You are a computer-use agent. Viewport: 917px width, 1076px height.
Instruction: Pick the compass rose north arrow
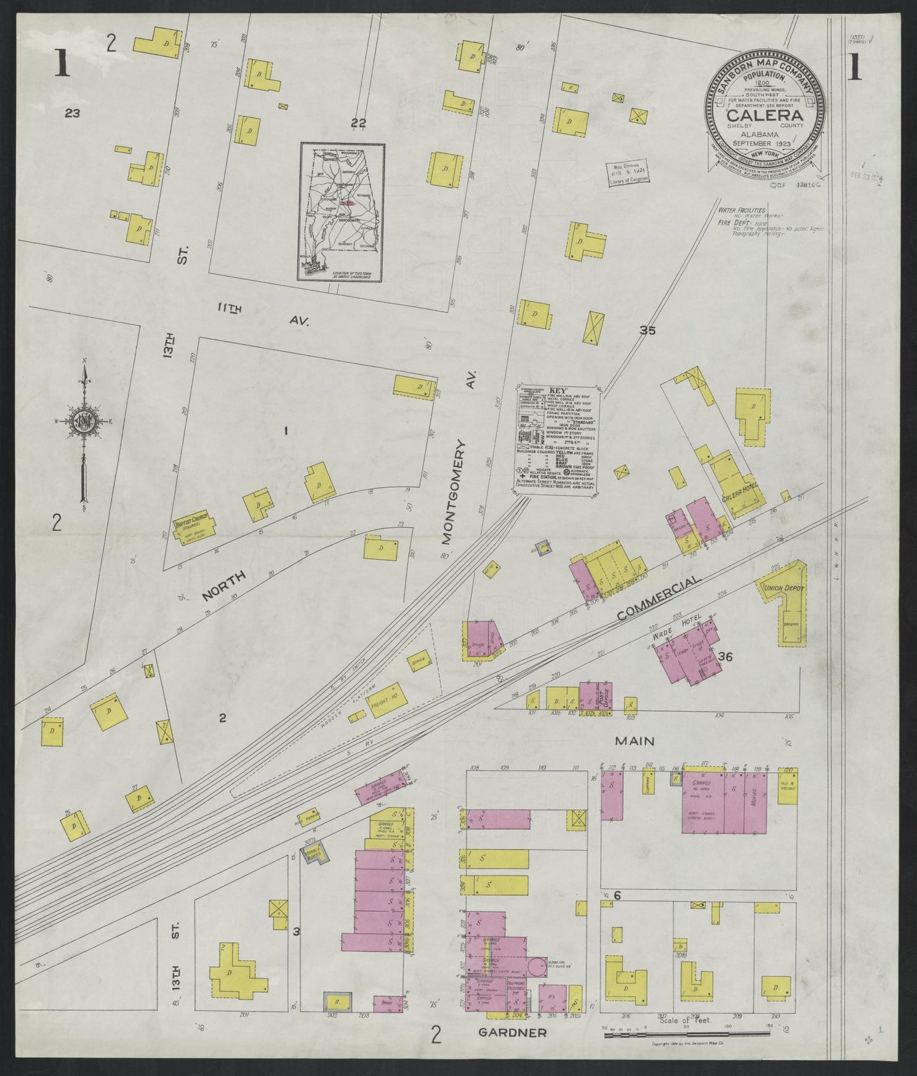click(x=82, y=374)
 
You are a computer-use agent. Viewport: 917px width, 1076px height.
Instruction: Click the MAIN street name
click(x=634, y=740)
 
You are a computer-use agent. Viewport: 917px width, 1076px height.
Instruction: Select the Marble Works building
click(x=314, y=852)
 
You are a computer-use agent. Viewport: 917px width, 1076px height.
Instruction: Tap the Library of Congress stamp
click(x=625, y=173)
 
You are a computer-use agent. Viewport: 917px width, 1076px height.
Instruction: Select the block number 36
click(x=725, y=657)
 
